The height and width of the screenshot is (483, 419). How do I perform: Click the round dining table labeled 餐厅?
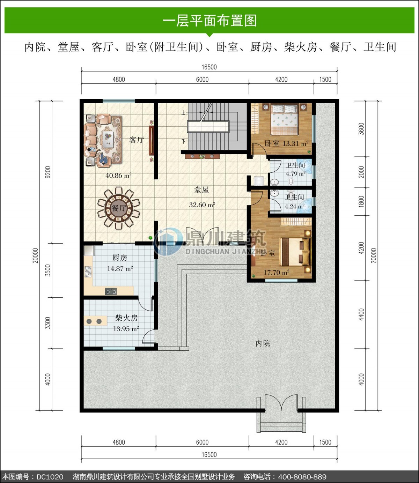coord(119,208)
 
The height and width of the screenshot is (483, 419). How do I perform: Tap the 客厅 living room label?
coord(136,140)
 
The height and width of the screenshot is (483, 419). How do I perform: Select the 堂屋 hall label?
coord(201,190)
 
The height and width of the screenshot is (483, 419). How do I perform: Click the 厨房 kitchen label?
coord(120,258)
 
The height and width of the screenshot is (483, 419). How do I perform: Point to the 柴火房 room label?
coord(126,318)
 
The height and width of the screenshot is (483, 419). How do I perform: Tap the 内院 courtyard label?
coord(263,343)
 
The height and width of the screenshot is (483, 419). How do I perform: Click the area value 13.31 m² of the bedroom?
coord(295,143)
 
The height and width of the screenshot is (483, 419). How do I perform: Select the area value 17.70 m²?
coord(277,272)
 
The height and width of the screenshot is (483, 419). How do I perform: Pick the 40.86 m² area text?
coord(118,175)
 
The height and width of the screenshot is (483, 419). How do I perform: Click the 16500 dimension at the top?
coord(209,67)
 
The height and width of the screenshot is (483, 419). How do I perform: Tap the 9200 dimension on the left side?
coord(48,172)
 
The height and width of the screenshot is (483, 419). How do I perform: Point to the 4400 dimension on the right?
coord(361,314)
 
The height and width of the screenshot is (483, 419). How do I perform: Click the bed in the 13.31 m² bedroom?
coord(284,119)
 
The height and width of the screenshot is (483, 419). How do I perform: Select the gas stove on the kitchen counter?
coord(111,291)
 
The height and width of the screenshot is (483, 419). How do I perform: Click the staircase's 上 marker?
coord(183,113)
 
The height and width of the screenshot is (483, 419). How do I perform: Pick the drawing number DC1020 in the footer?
coord(50,477)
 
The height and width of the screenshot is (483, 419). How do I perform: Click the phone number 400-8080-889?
coord(302,477)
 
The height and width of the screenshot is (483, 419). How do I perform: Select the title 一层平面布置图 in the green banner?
coord(210,21)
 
